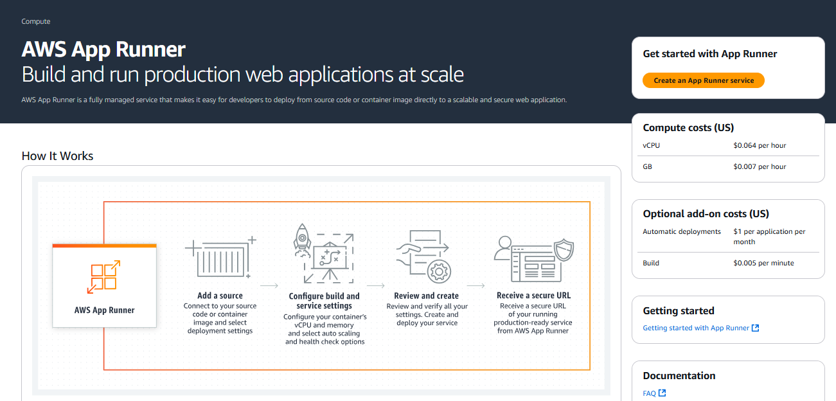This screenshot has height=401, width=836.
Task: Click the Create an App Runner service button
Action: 704,80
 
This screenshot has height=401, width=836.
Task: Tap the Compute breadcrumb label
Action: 36,21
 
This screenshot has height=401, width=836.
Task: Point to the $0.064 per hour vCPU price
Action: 760,145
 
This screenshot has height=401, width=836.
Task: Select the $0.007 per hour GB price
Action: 760,166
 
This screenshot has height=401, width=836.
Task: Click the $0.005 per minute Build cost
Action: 763,263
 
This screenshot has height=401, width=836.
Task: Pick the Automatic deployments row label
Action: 682,231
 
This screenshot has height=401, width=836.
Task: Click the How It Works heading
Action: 57,156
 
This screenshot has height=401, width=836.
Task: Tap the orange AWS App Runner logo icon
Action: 103,277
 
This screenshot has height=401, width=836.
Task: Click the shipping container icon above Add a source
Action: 220,258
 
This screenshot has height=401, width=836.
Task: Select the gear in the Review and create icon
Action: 439,271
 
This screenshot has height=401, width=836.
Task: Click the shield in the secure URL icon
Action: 564,249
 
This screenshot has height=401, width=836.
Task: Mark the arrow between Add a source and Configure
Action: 269,285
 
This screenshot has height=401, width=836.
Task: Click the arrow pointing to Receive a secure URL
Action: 476,285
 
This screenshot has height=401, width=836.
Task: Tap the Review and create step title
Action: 426,296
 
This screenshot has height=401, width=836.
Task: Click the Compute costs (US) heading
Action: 688,128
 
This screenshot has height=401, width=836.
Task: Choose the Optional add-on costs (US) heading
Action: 706,213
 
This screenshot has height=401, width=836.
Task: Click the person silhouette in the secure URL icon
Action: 504,248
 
